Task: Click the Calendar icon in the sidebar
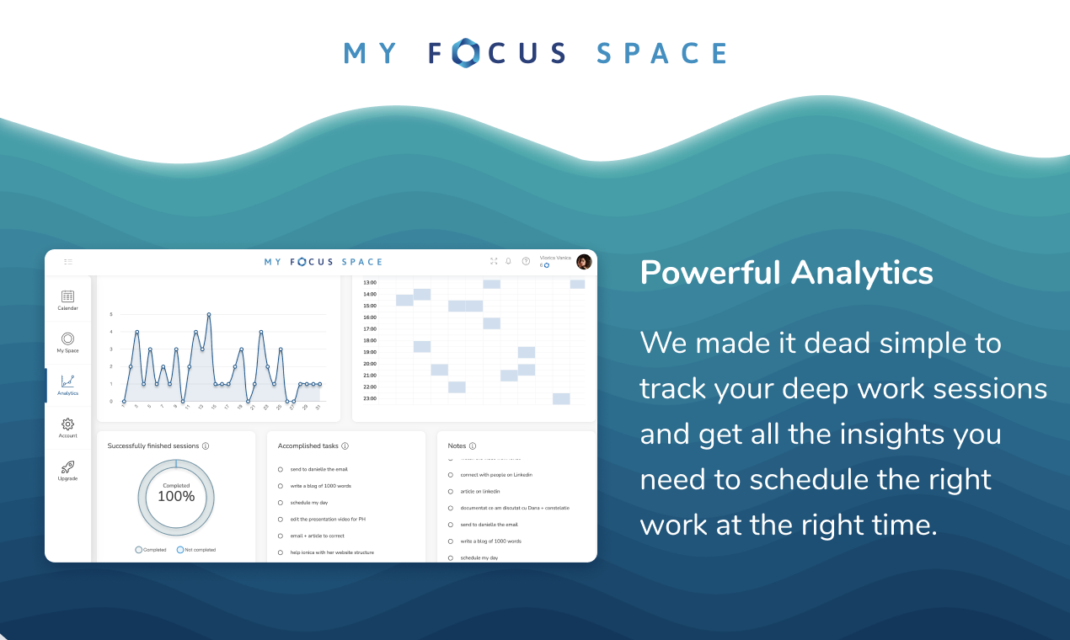pyautogui.click(x=67, y=296)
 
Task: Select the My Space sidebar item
pyautogui.click(x=67, y=339)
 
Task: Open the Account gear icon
pyautogui.click(x=67, y=424)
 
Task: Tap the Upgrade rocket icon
pyautogui.click(x=67, y=467)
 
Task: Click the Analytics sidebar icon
pyautogui.click(x=67, y=381)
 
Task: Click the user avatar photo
pyautogui.click(x=584, y=262)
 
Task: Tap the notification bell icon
pyautogui.click(x=509, y=261)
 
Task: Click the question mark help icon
pyautogui.click(x=526, y=262)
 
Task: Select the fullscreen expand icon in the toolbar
pyautogui.click(x=494, y=261)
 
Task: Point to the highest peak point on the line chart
pyautogui.click(x=208, y=314)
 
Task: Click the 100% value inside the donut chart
pyautogui.click(x=176, y=496)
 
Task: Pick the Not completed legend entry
pyautogui.click(x=195, y=550)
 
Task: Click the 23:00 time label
pyautogui.click(x=370, y=398)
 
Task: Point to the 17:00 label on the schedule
pyautogui.click(x=370, y=329)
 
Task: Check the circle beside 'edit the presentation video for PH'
pyautogui.click(x=280, y=519)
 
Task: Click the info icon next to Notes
pyautogui.click(x=473, y=446)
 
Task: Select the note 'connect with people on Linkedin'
pyautogui.click(x=496, y=475)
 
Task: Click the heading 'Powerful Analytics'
pyautogui.click(x=786, y=273)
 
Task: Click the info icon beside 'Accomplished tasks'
pyautogui.click(x=345, y=446)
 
